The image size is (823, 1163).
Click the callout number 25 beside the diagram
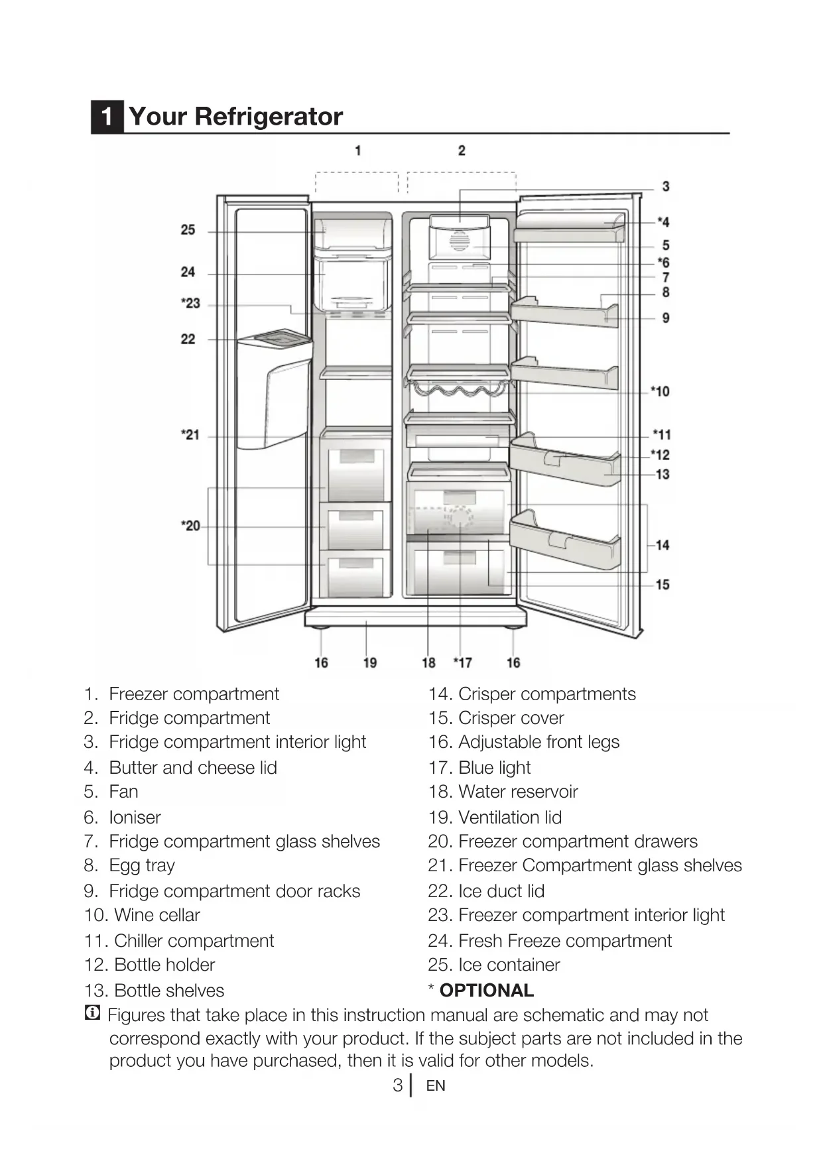[x=188, y=230]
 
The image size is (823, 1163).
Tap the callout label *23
[x=190, y=304]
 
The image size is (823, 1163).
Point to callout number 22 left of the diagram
[x=188, y=339]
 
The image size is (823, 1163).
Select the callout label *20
[x=190, y=526]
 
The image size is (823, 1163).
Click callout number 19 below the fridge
[x=370, y=662]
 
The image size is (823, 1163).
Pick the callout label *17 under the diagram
[x=462, y=662]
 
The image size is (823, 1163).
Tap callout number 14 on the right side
[x=663, y=545]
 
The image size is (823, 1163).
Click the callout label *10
[x=660, y=391]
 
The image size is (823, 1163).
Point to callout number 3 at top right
[x=666, y=186]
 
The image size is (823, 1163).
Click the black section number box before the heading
[x=107, y=117]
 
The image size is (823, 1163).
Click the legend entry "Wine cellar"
[x=157, y=915]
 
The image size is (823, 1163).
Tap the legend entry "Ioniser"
[x=135, y=817]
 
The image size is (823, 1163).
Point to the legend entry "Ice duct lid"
[x=501, y=890]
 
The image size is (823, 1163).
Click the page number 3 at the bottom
[x=397, y=1085]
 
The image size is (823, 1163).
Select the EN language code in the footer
[x=436, y=1086]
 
